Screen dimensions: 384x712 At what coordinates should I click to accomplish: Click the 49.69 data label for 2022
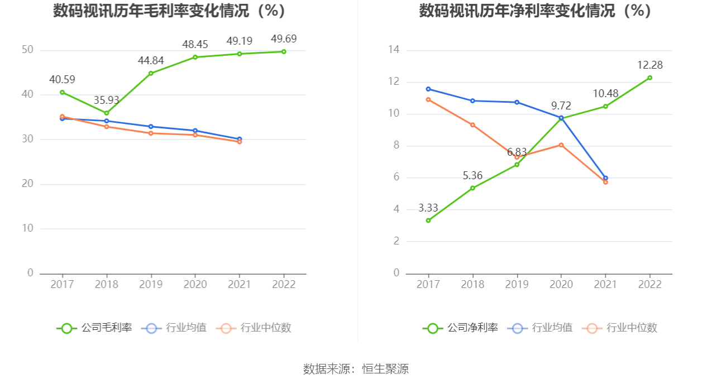click(x=283, y=39)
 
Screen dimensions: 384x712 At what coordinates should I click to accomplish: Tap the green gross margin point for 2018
click(x=106, y=113)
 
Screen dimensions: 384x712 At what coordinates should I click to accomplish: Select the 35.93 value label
click(x=106, y=100)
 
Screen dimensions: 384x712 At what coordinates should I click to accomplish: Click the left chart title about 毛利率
click(x=169, y=11)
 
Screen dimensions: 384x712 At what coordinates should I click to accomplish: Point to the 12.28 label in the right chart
click(x=650, y=65)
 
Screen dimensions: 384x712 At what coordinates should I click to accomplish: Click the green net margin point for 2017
click(x=428, y=220)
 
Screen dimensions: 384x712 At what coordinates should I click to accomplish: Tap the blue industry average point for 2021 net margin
click(x=605, y=178)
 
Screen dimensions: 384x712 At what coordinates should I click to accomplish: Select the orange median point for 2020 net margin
click(x=561, y=145)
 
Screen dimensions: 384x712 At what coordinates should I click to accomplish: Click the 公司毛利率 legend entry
click(x=95, y=328)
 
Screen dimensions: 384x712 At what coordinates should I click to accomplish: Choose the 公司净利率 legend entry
click(x=461, y=328)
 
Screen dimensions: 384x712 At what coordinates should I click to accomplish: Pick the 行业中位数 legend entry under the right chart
click(x=620, y=328)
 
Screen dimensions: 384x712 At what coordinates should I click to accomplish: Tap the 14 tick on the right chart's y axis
click(x=394, y=50)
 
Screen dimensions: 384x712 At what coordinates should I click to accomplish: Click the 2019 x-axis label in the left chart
click(x=151, y=285)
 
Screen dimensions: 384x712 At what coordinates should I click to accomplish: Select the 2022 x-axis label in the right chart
click(x=650, y=285)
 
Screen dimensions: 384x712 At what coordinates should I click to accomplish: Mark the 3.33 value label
click(x=428, y=208)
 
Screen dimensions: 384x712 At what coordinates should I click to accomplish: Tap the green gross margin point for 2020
click(x=195, y=57)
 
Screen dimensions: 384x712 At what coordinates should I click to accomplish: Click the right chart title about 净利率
click(x=536, y=11)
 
